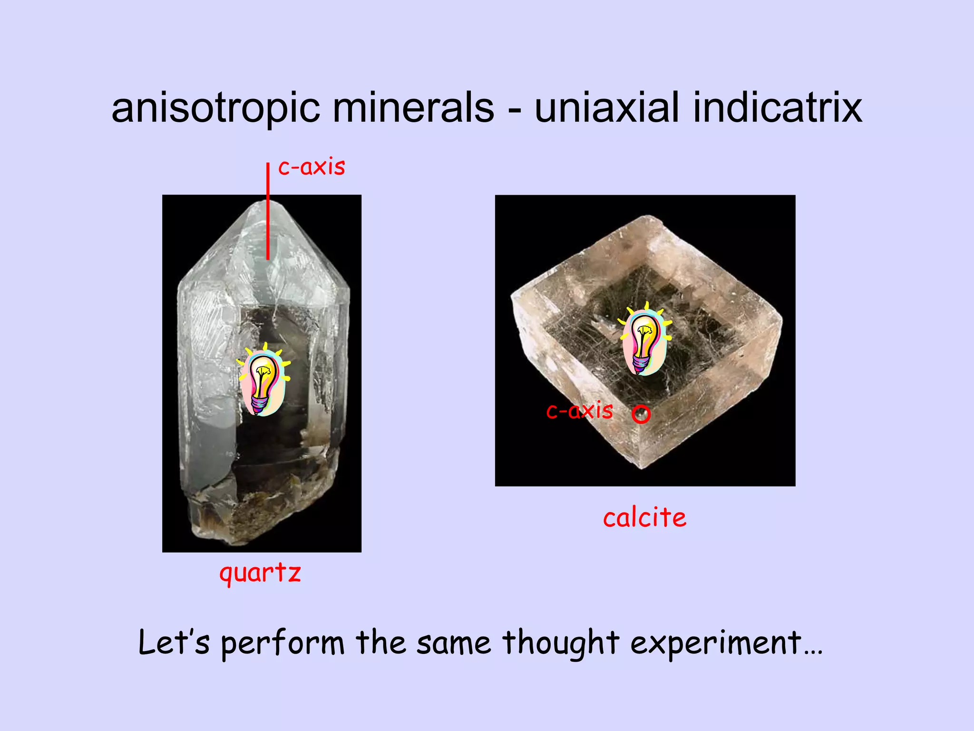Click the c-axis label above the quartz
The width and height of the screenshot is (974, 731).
coord(312,167)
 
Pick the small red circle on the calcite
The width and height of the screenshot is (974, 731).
coord(641,414)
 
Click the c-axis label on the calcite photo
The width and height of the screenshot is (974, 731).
coord(579,410)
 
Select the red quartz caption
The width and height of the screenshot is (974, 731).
coord(260,572)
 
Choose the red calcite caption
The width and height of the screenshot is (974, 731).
coord(644,518)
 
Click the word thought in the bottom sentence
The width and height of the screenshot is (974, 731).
coord(561,643)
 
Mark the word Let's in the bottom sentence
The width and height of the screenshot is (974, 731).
coord(174,642)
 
